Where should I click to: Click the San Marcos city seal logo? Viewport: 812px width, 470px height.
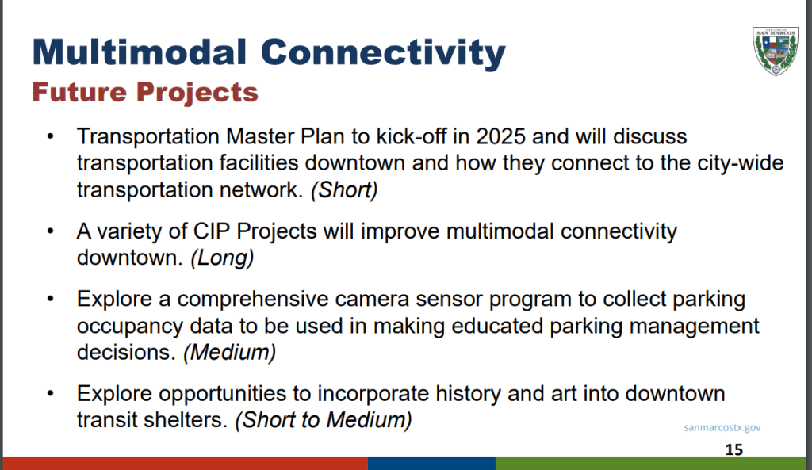click(x=776, y=52)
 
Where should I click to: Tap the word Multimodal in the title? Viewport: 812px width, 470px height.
click(x=140, y=52)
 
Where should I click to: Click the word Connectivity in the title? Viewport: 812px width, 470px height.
click(x=383, y=54)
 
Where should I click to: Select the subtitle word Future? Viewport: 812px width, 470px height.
click(x=79, y=92)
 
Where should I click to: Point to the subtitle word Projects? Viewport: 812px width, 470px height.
click(x=197, y=94)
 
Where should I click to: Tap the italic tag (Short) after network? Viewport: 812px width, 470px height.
click(x=344, y=190)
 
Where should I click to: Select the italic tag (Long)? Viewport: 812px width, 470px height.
click(x=222, y=258)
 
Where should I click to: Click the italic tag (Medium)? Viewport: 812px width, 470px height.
click(x=229, y=353)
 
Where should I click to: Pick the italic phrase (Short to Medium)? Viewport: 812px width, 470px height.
click(x=324, y=420)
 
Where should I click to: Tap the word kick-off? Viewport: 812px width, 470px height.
click(x=412, y=136)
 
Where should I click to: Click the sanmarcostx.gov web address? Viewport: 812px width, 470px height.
click(x=722, y=427)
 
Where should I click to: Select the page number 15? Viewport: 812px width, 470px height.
click(x=734, y=449)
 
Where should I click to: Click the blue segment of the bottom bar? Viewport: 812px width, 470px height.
click(x=432, y=464)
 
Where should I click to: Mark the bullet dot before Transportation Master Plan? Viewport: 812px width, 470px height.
click(x=50, y=136)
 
